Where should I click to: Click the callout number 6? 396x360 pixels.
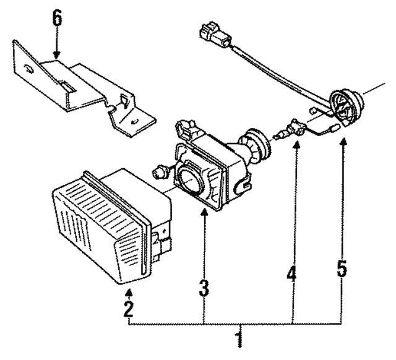[x=57, y=19]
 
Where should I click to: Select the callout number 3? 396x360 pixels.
[x=205, y=288]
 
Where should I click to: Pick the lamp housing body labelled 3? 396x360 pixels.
[x=210, y=173]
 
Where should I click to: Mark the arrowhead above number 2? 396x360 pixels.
[x=127, y=283]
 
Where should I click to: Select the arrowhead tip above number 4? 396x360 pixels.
[x=295, y=144]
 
